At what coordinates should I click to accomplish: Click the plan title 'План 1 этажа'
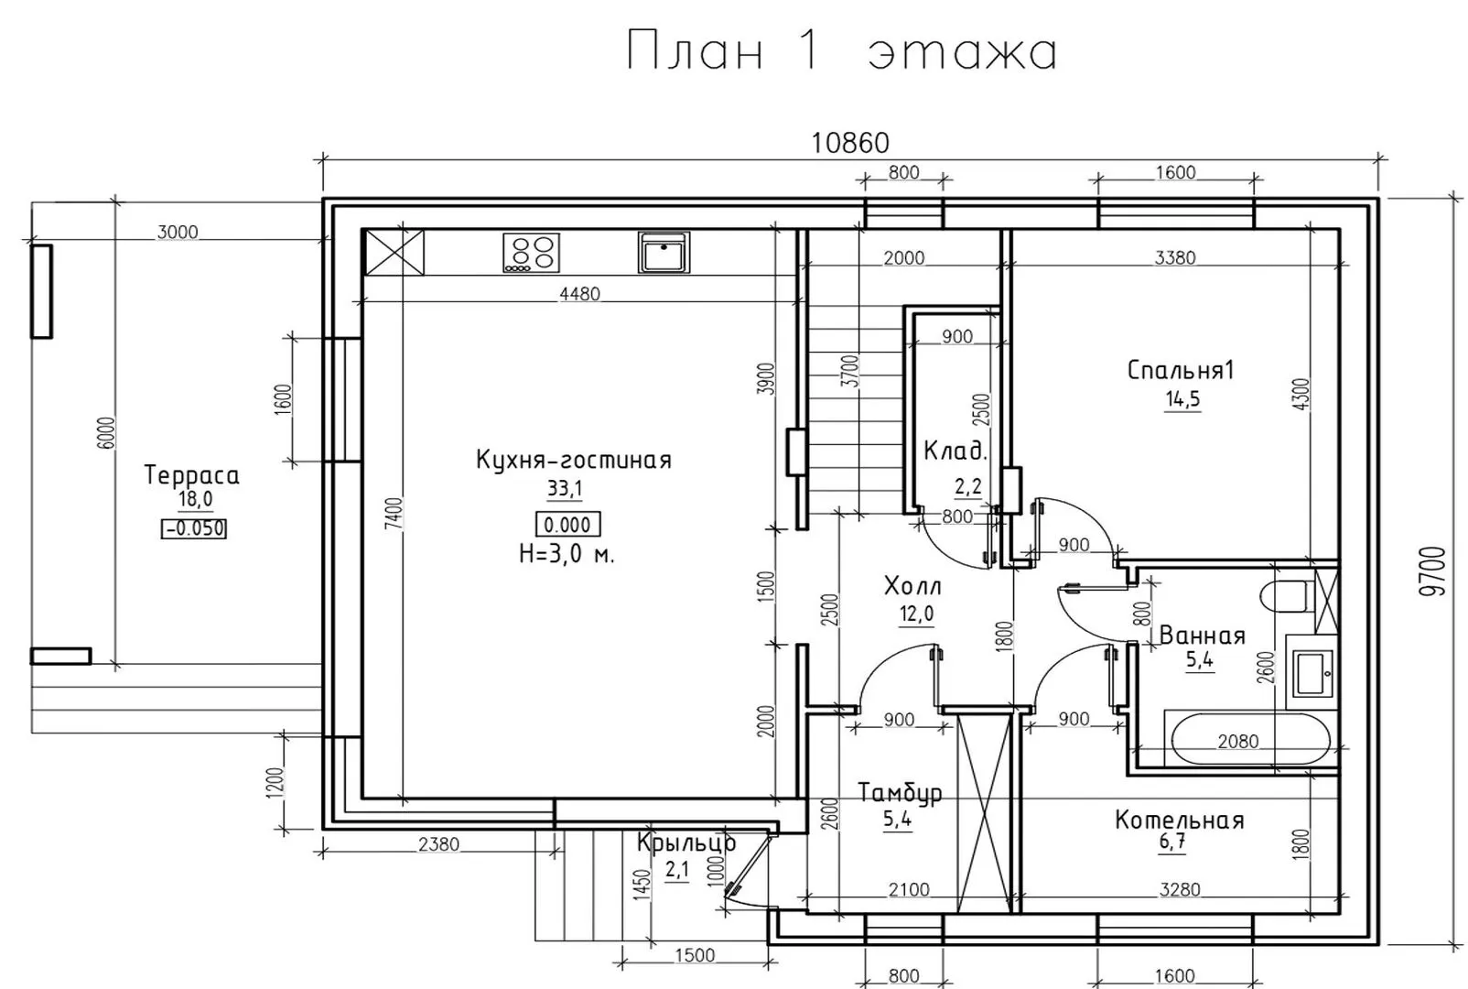click(x=842, y=51)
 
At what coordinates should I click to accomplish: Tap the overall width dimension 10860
click(x=850, y=143)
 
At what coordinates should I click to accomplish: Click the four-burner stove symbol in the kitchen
click(x=531, y=253)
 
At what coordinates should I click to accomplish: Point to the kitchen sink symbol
click(x=664, y=252)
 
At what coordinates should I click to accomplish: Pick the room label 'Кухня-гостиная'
click(x=574, y=459)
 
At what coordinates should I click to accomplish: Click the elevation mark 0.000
click(x=567, y=525)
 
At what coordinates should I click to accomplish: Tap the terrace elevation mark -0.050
click(x=194, y=528)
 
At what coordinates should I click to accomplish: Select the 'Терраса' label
click(x=191, y=475)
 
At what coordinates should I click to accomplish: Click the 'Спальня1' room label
click(x=1181, y=371)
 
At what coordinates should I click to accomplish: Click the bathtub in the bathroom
click(x=1250, y=738)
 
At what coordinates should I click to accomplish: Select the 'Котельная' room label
click(x=1179, y=821)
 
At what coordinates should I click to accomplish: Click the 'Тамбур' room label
click(x=900, y=793)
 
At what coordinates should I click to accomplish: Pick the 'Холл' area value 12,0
click(x=916, y=614)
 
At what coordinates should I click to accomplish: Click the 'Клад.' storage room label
click(x=955, y=451)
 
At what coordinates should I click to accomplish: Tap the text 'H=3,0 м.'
click(x=567, y=555)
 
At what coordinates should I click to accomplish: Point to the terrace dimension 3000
click(x=178, y=233)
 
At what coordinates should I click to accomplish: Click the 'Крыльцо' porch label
click(x=686, y=843)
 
